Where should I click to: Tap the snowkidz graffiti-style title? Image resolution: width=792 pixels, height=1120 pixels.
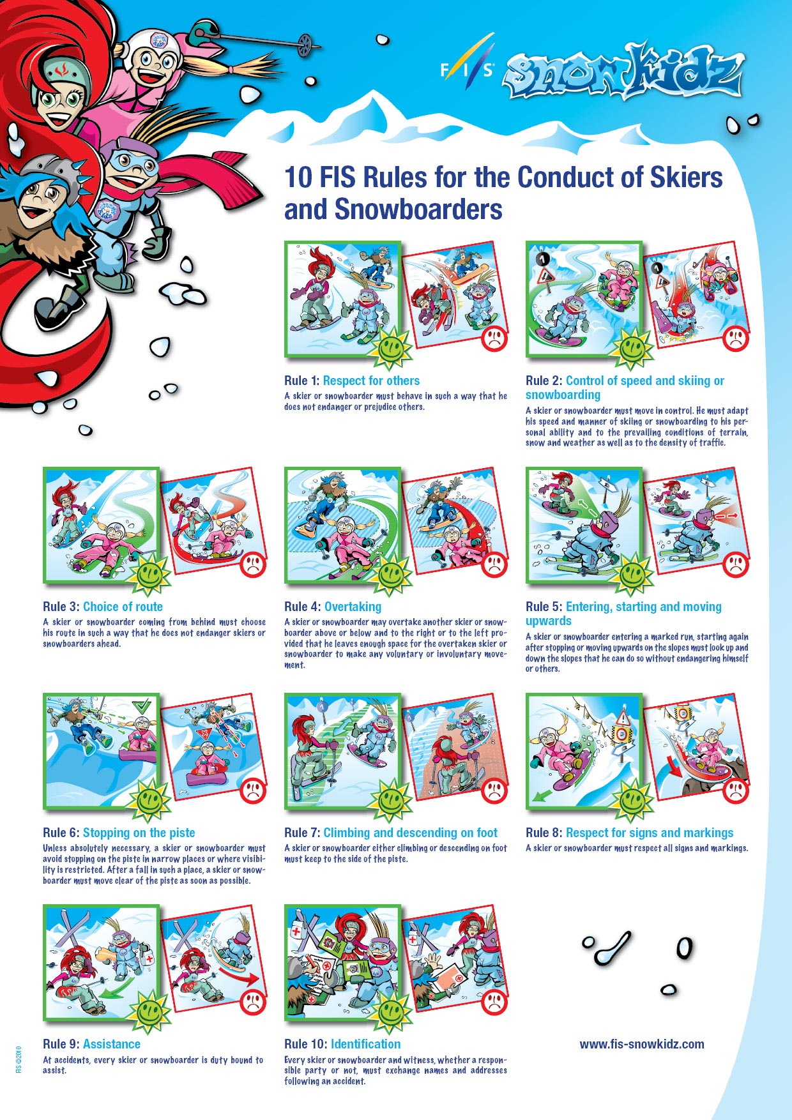623,72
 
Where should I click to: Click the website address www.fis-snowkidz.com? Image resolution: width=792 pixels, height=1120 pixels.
642,1044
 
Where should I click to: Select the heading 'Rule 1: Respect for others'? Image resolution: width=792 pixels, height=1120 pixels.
352,381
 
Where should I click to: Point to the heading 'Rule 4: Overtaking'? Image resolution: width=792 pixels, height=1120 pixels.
333,607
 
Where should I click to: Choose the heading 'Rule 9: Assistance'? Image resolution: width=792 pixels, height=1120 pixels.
91,1044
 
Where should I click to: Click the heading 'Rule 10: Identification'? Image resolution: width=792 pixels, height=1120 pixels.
342,1044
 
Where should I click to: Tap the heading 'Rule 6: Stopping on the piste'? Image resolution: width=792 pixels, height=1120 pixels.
119,833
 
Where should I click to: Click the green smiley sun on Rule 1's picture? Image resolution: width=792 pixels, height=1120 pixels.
390,348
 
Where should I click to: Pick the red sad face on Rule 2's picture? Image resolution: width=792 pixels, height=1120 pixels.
736,337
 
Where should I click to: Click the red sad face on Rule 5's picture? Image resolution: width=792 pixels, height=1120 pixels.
736,563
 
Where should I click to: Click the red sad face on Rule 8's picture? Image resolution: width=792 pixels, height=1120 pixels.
736,791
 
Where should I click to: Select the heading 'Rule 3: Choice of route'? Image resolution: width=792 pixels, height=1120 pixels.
103,607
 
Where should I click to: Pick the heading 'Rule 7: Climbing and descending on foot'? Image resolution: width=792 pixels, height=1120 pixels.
391,833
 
